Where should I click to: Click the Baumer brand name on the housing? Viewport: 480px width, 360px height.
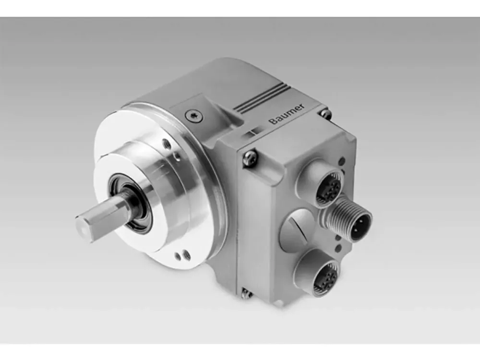[x=287, y=114]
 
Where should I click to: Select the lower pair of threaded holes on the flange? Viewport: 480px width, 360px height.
[x=183, y=256]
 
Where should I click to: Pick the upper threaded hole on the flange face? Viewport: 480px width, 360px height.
[x=167, y=144]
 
